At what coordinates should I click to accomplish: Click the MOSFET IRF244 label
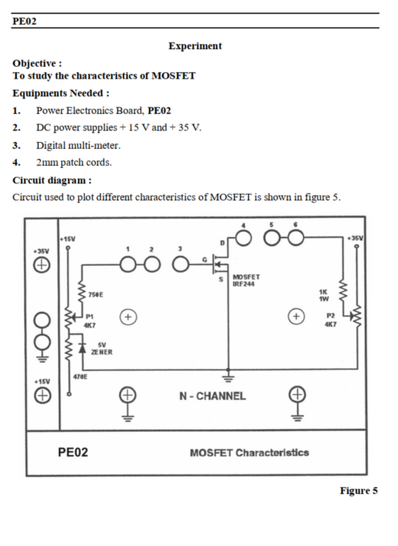(246, 280)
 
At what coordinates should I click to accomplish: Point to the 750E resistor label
(96, 295)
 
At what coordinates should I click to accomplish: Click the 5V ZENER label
(102, 349)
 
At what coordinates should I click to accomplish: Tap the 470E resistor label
(80, 377)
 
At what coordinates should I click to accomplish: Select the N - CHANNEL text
(212, 396)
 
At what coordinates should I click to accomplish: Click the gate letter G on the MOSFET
(205, 260)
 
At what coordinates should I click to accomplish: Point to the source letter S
(220, 279)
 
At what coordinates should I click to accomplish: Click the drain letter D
(222, 243)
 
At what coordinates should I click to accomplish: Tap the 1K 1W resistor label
(324, 295)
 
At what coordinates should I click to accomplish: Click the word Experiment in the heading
(195, 46)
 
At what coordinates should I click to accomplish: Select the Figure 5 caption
(358, 491)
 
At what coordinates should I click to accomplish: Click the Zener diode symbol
(82, 348)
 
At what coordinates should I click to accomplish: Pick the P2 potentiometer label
(331, 316)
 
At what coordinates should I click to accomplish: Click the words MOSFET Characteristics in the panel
(249, 452)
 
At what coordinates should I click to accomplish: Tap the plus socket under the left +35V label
(42, 265)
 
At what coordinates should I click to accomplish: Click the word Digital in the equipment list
(52, 145)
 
